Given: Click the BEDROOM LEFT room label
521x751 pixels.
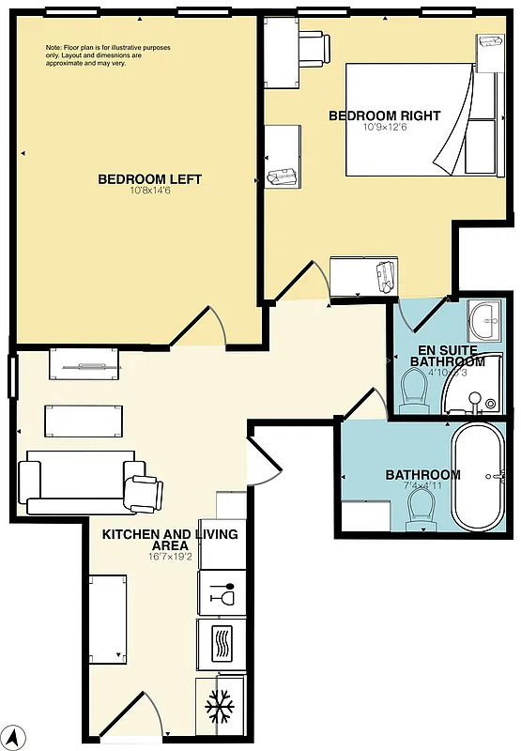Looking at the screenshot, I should [x=149, y=179].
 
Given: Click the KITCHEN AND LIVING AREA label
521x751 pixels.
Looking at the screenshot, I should [x=169, y=539].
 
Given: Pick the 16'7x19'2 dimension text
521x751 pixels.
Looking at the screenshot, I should [x=169, y=557].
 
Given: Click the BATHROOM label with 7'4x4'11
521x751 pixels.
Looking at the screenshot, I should [x=422, y=474].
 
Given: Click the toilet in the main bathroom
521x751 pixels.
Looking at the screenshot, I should [x=421, y=510].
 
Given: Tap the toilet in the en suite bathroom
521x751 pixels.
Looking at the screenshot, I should [x=414, y=389].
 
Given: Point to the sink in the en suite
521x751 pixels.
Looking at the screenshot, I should [x=485, y=319].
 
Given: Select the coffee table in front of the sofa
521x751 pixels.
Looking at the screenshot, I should [x=84, y=421].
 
